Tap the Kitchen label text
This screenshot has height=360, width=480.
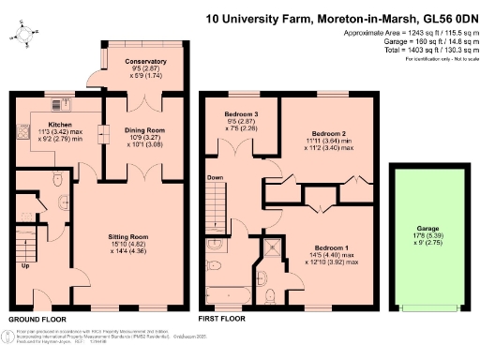coord(60,124)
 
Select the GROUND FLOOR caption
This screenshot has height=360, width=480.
coord(36,320)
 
